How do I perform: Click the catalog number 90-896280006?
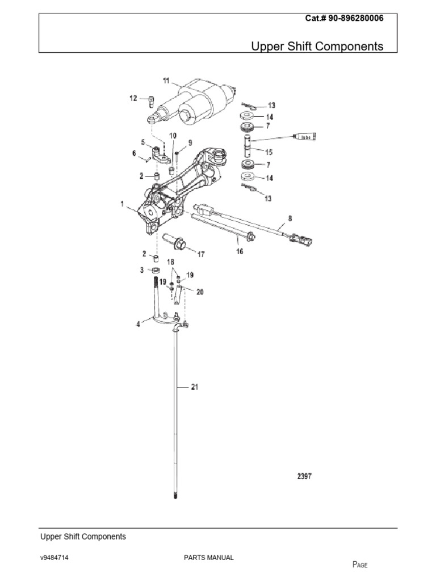tap(344, 18)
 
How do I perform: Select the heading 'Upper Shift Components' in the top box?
tap(317, 46)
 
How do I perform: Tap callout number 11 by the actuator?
tap(166, 82)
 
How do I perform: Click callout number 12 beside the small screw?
tap(133, 98)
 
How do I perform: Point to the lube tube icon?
tap(305, 137)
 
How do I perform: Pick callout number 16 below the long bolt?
tap(239, 251)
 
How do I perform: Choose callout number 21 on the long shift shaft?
tap(194, 387)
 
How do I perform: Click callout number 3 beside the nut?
tap(142, 271)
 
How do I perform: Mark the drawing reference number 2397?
tap(304, 477)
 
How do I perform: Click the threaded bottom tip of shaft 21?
tap(175, 497)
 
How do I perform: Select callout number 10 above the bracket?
tap(173, 136)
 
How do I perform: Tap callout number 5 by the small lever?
tap(144, 142)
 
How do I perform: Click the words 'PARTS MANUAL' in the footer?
tap(208, 558)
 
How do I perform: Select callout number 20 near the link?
tap(199, 292)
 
